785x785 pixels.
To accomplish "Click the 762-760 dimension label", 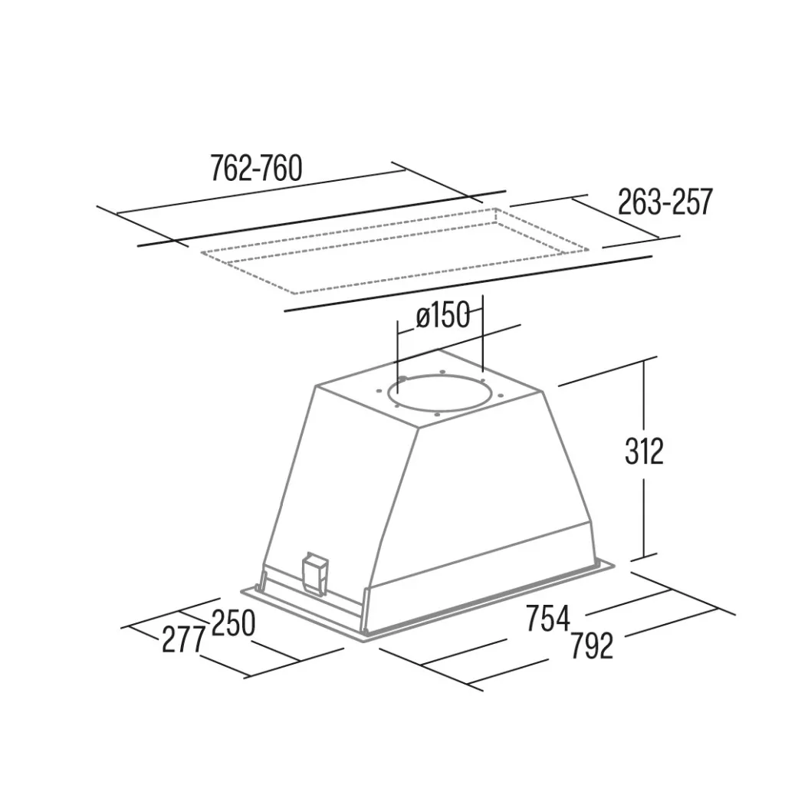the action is click(x=256, y=168).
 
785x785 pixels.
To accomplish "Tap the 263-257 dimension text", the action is click(x=665, y=202).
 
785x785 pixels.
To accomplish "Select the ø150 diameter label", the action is click(x=443, y=316).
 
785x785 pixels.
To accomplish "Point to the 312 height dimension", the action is click(x=644, y=451).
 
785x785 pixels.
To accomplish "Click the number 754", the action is click(x=547, y=619).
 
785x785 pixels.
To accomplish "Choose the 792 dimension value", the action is click(x=592, y=645).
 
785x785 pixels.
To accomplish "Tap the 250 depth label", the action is click(x=233, y=623).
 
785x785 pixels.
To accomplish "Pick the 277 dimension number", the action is click(x=183, y=639).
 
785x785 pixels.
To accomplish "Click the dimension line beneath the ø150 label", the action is click(x=458, y=343).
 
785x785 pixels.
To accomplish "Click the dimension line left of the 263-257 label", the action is click(x=548, y=200).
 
